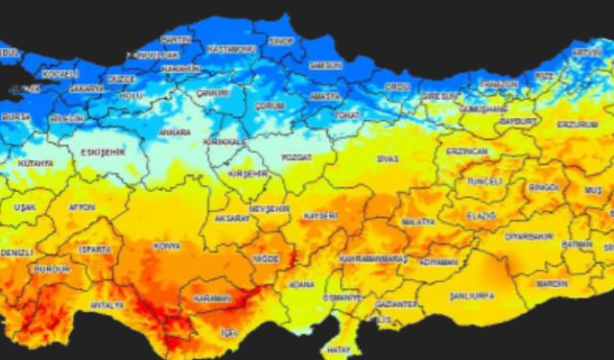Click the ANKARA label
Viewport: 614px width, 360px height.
tap(175, 132)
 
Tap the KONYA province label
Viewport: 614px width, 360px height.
tap(167, 247)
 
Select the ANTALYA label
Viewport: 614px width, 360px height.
tap(106, 305)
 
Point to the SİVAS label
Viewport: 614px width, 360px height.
tap(388, 156)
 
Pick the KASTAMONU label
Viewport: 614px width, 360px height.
tap(233, 48)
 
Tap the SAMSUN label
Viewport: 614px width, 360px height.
tap(325, 64)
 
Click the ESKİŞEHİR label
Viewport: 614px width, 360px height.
tap(103, 152)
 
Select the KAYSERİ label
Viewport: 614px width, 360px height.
tap(320, 216)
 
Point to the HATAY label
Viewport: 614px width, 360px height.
tap(336, 350)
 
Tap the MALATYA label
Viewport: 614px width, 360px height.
tap(418, 222)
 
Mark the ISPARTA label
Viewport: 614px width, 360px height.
tap(96, 249)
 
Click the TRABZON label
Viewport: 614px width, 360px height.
tap(499, 84)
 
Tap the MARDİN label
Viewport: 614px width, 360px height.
tap(552, 284)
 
